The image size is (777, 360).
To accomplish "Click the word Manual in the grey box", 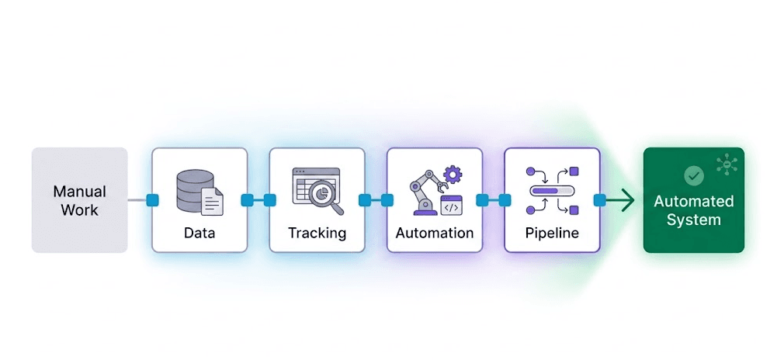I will pos(80,191).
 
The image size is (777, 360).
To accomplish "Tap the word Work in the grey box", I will pos(80,209).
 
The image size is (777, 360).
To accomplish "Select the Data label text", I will pos(199,232).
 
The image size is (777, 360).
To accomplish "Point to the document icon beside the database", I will pos(212,201).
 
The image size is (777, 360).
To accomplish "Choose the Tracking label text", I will pos(317,232).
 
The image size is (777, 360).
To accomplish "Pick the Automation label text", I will pos(435,232).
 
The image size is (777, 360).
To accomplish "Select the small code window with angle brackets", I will pos(451,206).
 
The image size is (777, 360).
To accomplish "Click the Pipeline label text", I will pos(552,232).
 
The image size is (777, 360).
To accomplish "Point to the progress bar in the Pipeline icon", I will pos(550,190).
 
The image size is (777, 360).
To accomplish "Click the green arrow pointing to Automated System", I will pos(621,201).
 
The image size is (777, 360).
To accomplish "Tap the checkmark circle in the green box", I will pos(693,175).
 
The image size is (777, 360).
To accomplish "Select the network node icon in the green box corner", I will pos(728,164).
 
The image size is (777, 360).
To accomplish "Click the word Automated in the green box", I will pos(693,202).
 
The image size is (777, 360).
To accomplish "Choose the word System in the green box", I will pos(693,220).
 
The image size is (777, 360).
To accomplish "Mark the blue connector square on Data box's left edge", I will pos(152,200).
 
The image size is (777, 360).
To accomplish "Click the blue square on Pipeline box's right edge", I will pos(600,200).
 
